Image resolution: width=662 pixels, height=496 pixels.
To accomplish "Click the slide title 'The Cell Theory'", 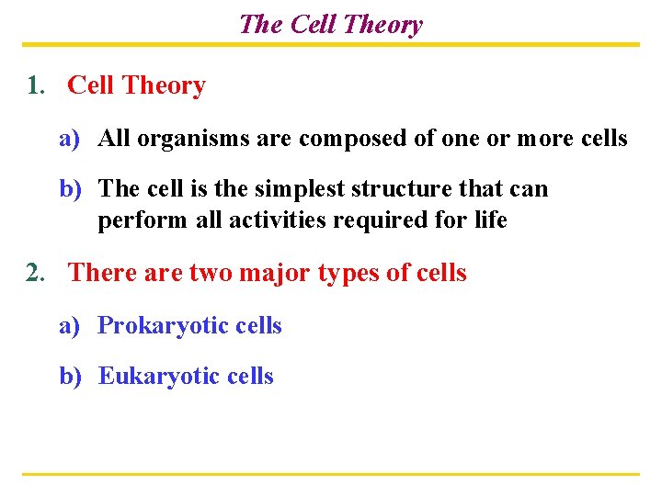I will coord(330,24).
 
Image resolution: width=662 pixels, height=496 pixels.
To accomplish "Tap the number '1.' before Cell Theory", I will coord(36,85).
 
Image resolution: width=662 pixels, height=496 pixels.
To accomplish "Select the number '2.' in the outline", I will coord(36,273).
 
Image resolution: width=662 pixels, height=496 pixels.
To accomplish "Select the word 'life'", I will coord(488,221).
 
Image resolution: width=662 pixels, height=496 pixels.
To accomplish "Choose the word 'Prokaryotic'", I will coord(162,326).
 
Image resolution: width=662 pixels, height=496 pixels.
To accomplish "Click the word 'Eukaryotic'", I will coord(158,377).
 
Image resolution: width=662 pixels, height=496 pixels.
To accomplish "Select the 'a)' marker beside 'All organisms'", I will coord(72,140).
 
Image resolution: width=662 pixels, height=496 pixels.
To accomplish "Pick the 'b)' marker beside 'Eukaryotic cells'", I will coord(72,377).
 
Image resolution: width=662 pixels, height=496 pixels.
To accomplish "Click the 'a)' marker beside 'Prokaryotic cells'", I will coord(72,326).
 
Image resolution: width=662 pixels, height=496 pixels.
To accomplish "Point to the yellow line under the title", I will coord(330,44).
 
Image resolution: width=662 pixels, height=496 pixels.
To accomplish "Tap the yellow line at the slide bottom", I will coord(330,474).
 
